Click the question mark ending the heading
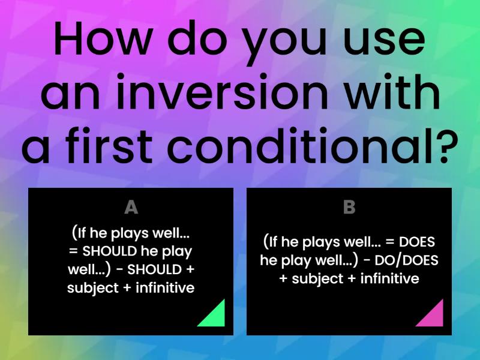pos(440,147)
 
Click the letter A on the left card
pos(131,208)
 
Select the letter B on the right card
pos(349,208)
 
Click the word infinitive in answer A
pos(166,287)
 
